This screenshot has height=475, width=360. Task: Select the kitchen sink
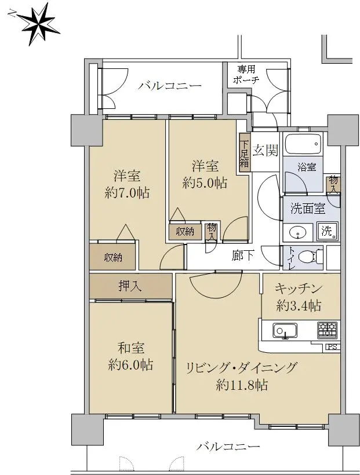pos(285,331)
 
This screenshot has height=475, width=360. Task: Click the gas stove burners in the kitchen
pos(328,330)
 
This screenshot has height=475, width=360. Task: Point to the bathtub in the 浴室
pos(303,144)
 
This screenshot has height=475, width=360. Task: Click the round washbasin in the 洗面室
pos(297,233)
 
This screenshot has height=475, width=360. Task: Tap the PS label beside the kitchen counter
pos(333,347)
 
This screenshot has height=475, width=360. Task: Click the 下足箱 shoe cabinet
pos(245,152)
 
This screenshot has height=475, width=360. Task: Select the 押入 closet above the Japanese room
pos(130,286)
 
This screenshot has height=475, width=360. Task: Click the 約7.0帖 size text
pos(127,193)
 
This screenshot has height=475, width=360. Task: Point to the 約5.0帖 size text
pos(205,182)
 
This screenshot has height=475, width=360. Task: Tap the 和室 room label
pos(130,348)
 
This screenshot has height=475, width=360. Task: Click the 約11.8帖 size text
pos(242,385)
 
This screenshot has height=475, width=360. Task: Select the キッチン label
pos(298,288)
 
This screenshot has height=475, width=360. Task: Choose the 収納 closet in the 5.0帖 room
pos(186,232)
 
